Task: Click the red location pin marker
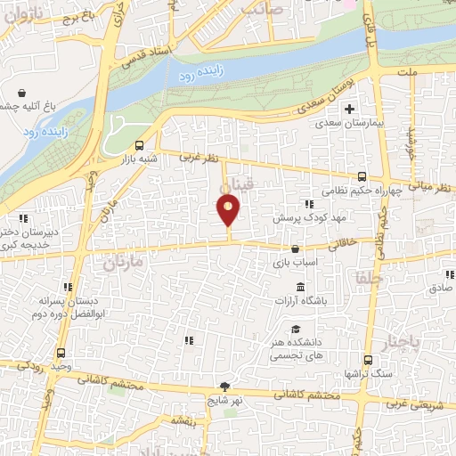tap(229, 210)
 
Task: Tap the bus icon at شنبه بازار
tap(140, 146)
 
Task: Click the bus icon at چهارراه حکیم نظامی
tap(362, 176)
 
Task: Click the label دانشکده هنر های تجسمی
tap(298, 348)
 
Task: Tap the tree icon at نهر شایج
tap(225, 387)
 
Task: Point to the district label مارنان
tap(122, 264)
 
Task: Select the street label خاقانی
tap(343, 242)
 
